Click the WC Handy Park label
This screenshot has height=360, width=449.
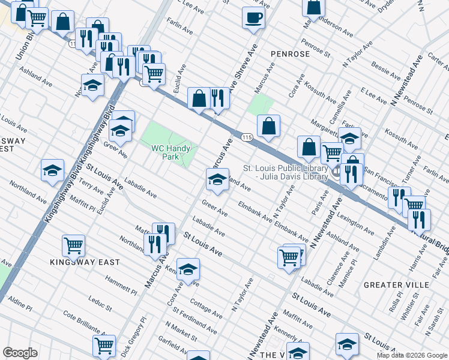tap(170, 152)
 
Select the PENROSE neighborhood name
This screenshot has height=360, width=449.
tap(289, 54)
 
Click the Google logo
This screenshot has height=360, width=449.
tap(20, 353)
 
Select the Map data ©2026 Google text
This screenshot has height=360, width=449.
tap(411, 355)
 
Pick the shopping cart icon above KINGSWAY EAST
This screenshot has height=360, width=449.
tap(73, 245)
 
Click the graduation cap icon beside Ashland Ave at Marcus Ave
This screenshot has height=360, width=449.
tap(217, 179)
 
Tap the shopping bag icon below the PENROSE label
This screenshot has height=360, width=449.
tap(269, 126)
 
